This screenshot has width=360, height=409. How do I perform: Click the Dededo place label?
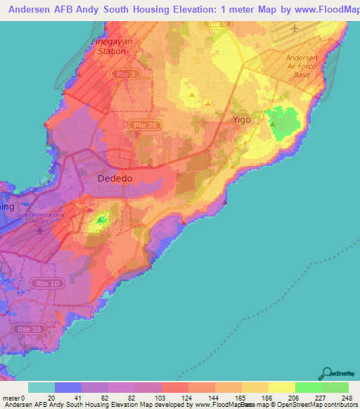click(114, 178)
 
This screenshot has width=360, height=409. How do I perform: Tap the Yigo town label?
click(242, 120)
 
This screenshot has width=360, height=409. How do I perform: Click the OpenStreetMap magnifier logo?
click(326, 372)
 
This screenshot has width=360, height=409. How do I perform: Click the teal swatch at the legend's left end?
click(41, 387)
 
